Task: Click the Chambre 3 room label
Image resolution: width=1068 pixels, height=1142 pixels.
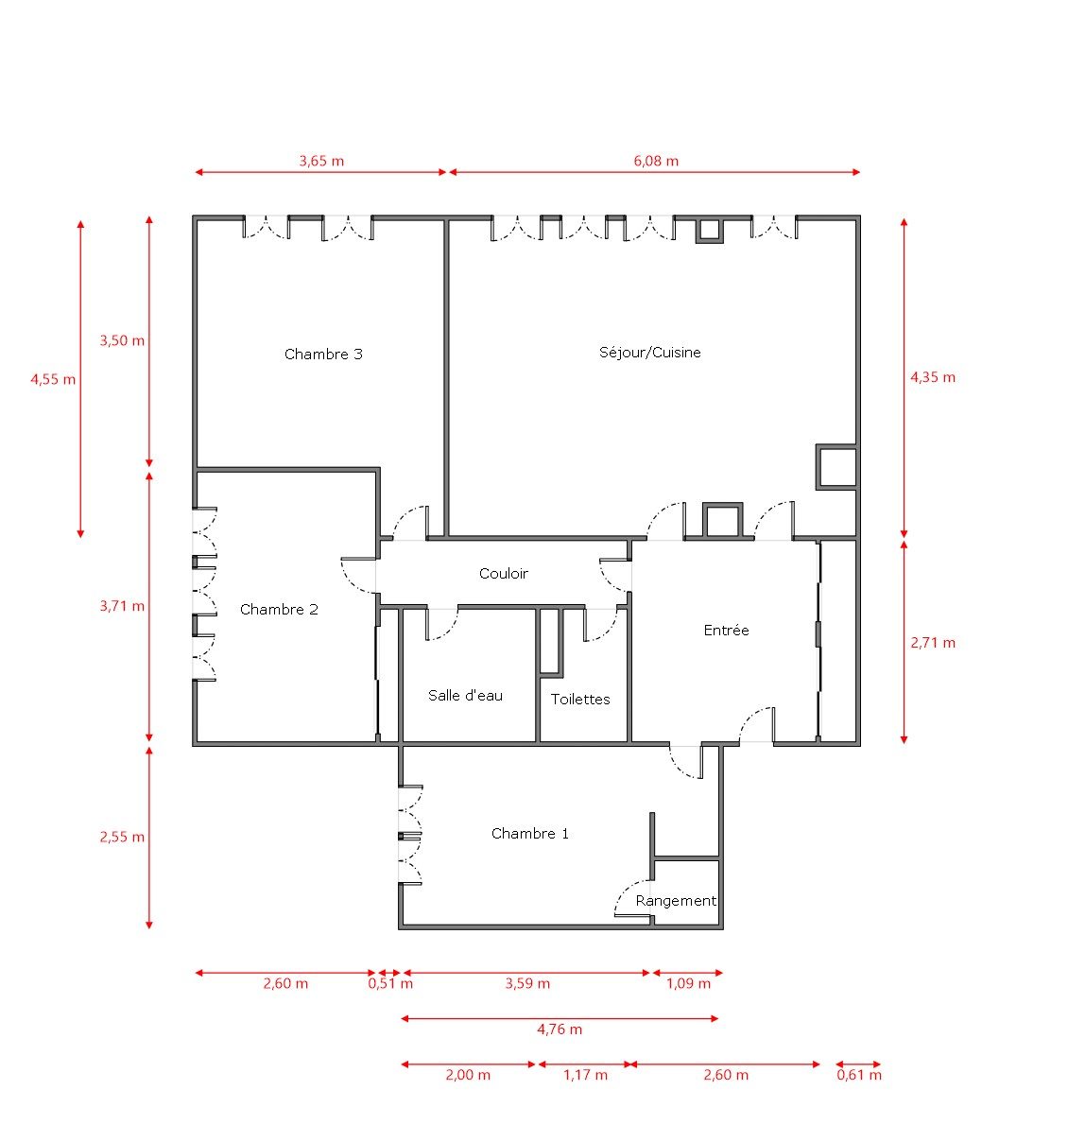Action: [323, 355]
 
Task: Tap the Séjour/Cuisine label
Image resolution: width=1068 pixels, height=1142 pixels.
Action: [650, 353]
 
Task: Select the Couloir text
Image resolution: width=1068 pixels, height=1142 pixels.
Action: [503, 574]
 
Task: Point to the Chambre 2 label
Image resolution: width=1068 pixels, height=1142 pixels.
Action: [279, 610]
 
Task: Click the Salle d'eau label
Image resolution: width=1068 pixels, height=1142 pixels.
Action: [465, 696]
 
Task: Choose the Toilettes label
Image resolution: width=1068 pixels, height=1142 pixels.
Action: [580, 700]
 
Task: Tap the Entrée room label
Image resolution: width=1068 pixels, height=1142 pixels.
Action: [726, 631]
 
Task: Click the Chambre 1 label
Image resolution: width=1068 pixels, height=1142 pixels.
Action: [530, 834]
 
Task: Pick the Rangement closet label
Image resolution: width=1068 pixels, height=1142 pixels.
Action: [676, 901]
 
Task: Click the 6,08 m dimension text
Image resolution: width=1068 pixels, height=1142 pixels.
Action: [656, 161]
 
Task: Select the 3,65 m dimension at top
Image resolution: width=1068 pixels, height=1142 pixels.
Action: [321, 161]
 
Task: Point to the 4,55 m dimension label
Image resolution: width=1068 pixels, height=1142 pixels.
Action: [53, 379]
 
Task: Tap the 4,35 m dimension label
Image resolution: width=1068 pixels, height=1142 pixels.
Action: [933, 377]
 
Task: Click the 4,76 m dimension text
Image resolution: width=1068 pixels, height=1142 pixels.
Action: [560, 1030]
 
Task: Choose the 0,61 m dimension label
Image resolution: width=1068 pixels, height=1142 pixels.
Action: [859, 1075]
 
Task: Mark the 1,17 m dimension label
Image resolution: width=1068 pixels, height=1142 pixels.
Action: [585, 1075]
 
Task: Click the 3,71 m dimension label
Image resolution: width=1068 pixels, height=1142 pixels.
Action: [123, 606]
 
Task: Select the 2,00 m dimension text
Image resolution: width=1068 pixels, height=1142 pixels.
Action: [468, 1075]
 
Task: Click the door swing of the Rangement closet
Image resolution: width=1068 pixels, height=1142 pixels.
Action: [628, 899]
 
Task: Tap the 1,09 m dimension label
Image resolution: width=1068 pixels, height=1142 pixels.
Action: [688, 983]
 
